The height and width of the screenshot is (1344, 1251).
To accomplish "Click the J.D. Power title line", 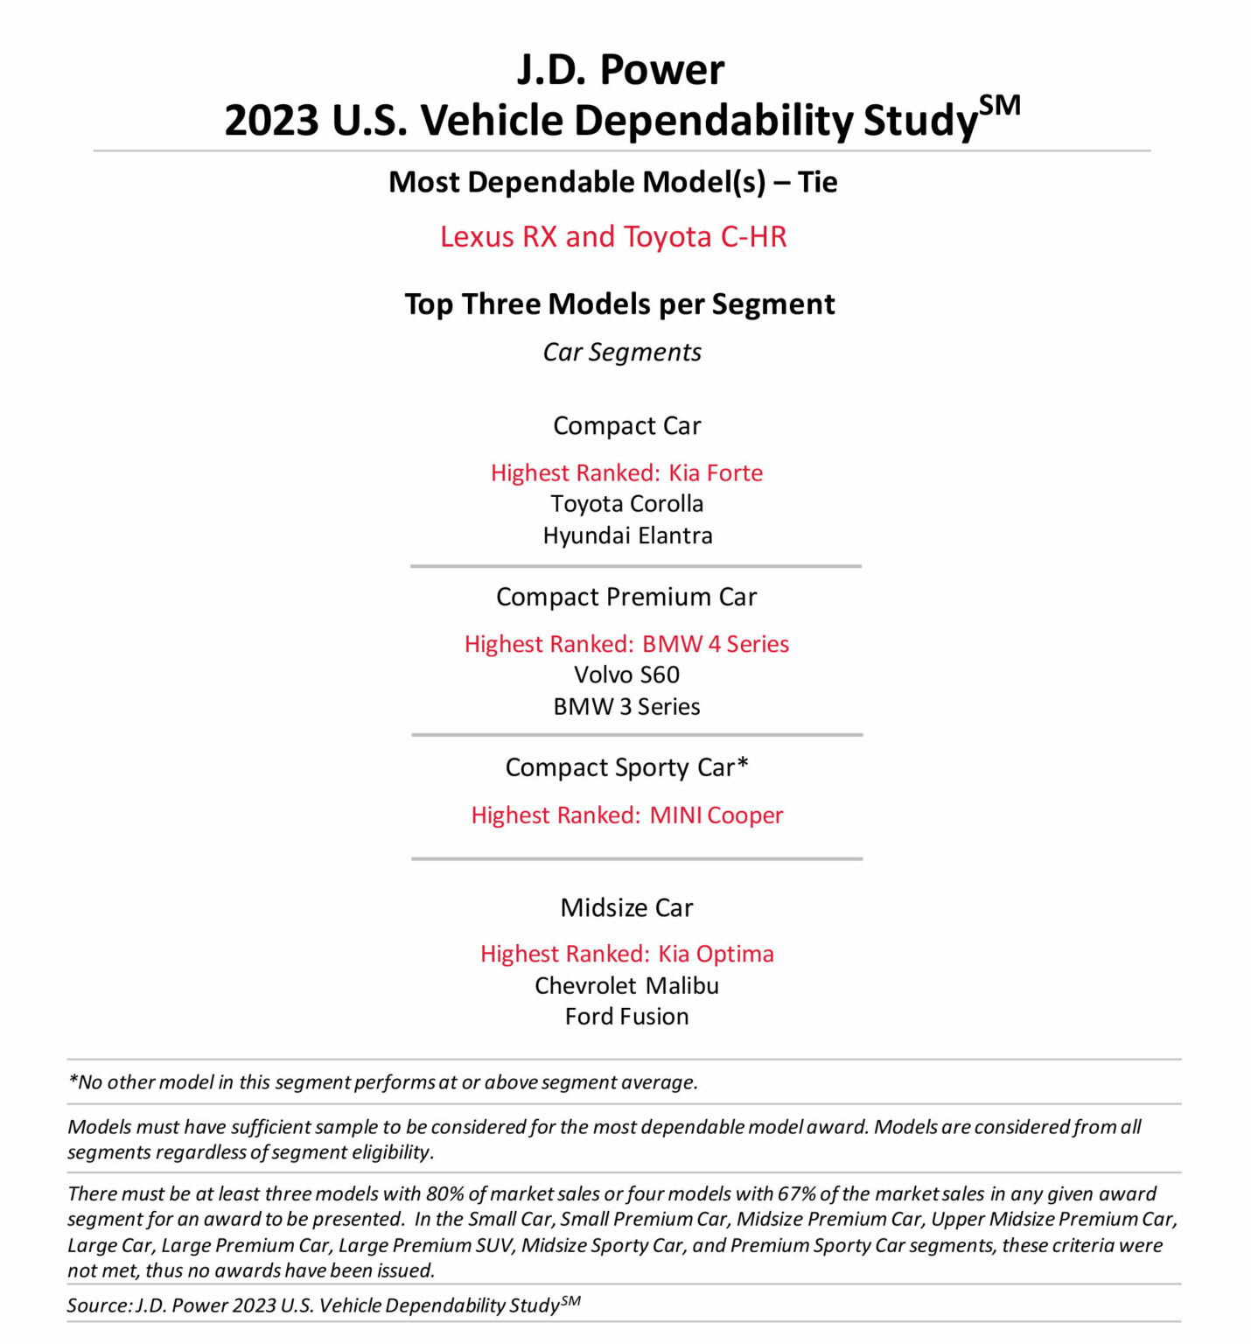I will (620, 70).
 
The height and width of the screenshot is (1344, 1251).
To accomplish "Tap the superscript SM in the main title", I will (999, 106).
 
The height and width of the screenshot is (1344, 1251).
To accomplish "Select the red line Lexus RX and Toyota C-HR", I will (613, 237).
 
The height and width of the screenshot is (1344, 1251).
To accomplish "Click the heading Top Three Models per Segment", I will (619, 304).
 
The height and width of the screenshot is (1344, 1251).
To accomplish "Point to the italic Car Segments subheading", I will (622, 353).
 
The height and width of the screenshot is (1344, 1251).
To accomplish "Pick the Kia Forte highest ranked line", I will (626, 473).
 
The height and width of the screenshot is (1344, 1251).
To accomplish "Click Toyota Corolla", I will (626, 504).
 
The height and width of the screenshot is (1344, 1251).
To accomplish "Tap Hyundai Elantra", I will (627, 535).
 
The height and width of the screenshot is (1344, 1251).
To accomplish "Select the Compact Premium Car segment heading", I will (626, 597).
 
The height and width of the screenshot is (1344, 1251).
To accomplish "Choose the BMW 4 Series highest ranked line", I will (626, 644).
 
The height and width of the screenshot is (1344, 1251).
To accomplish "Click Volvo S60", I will (626, 675).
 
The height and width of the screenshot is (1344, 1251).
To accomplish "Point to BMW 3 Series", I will (626, 706).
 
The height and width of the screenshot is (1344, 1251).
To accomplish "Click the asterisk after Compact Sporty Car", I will (743, 764).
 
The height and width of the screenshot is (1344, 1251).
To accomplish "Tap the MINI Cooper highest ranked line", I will (626, 815).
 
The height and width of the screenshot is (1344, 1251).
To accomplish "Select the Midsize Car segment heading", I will (626, 908).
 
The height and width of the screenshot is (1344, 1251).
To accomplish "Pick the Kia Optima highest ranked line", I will (626, 954).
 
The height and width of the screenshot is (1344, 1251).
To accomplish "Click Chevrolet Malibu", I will (626, 986).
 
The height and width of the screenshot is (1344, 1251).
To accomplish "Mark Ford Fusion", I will (626, 1017).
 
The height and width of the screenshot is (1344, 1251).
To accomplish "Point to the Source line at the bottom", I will (324, 1305).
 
